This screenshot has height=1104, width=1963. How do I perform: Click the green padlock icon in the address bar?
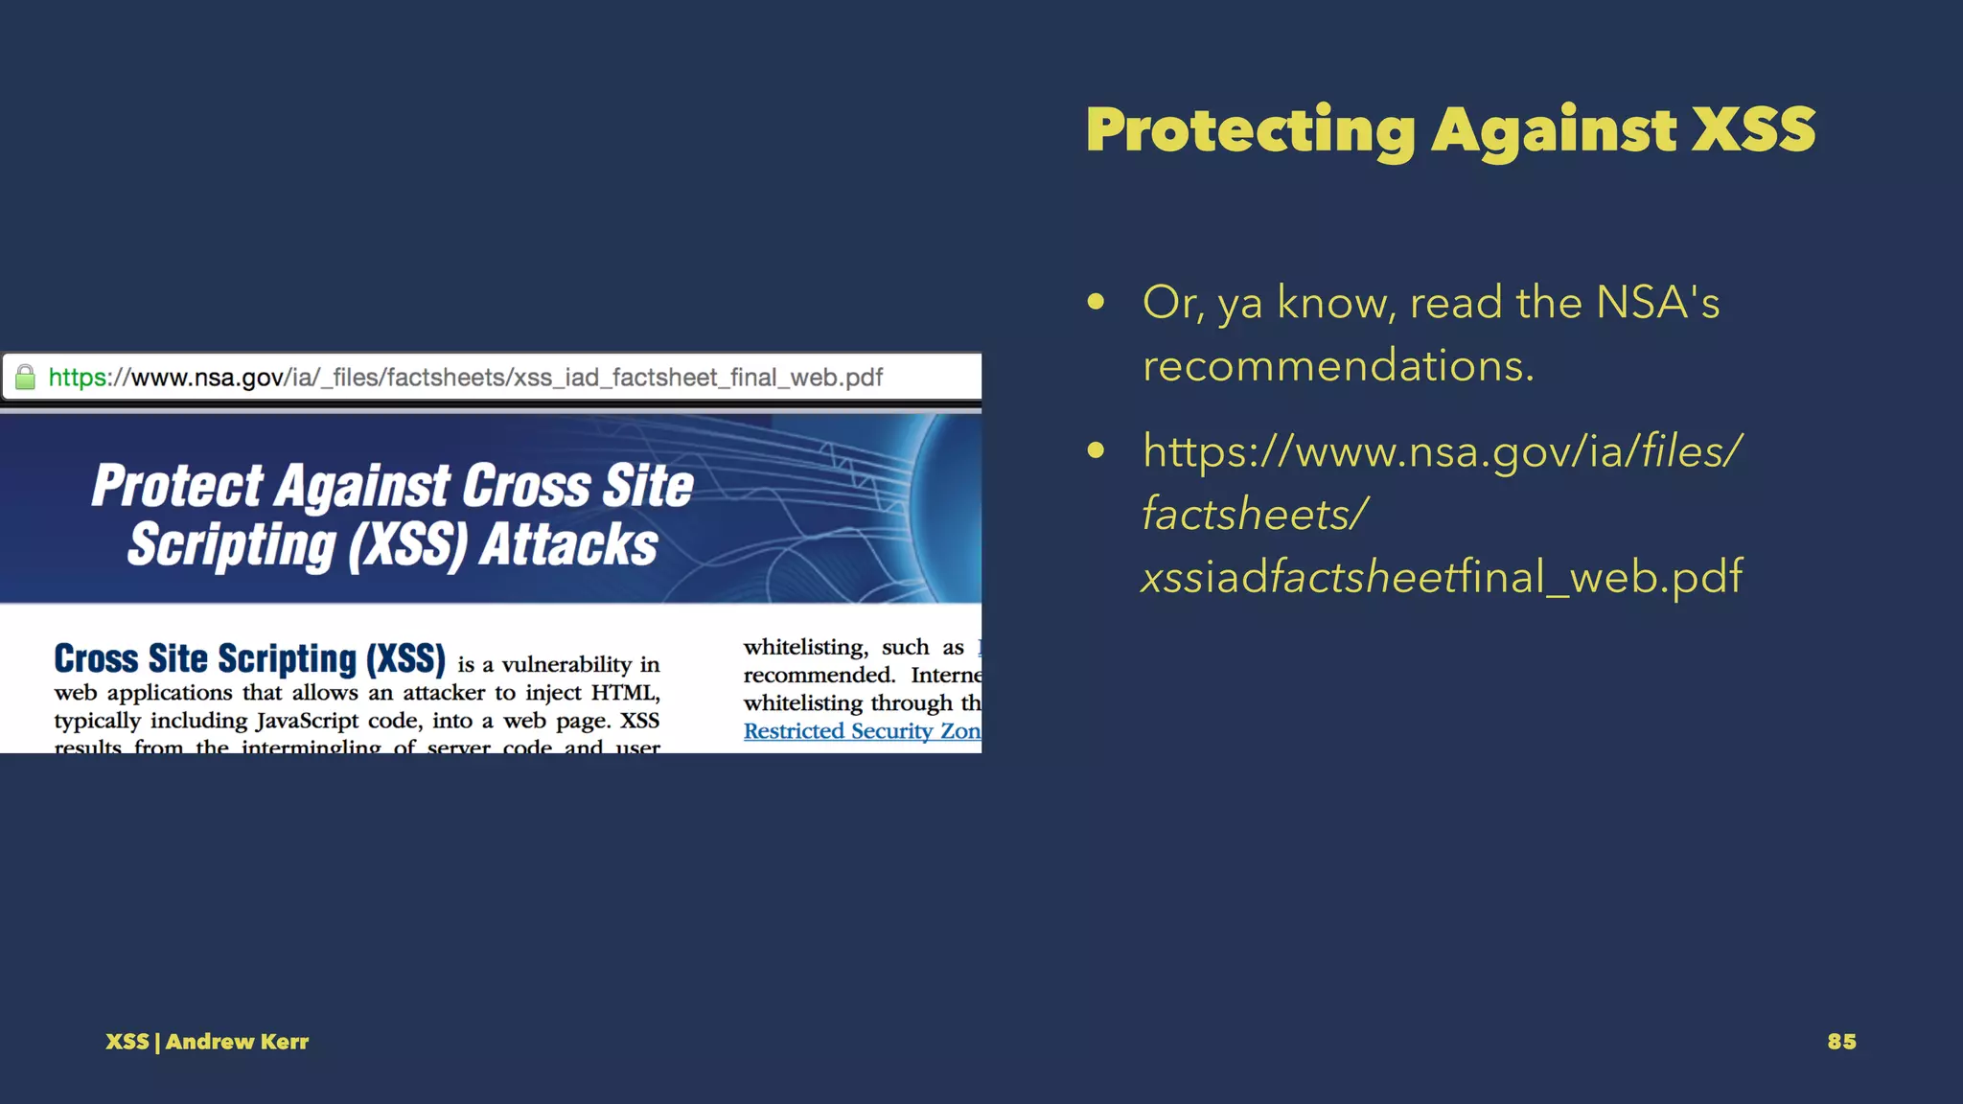[x=26, y=378]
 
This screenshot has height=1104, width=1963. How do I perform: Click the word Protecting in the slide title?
[x=1250, y=130]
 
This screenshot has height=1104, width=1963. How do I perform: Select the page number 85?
[x=1841, y=1042]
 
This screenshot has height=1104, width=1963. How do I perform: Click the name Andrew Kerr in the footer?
[x=237, y=1042]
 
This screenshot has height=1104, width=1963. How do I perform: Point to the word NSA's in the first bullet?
[x=1657, y=303]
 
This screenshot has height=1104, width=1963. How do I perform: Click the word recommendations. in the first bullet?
[x=1338, y=366]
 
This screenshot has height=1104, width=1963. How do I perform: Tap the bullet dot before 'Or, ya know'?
[x=1096, y=303]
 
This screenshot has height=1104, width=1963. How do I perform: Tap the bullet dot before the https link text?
[x=1096, y=450]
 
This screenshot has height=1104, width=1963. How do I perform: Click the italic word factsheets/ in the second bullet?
[x=1255, y=514]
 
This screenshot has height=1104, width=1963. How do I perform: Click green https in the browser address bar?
[x=78, y=378]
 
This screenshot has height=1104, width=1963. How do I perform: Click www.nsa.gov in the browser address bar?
[x=207, y=378]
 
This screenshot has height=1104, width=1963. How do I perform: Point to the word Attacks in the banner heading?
[x=568, y=545]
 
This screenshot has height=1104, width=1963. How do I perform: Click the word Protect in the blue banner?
[x=177, y=486]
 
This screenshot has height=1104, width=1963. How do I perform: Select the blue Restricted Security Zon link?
[x=861, y=731]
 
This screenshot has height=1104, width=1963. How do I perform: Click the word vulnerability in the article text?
[x=566, y=665]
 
